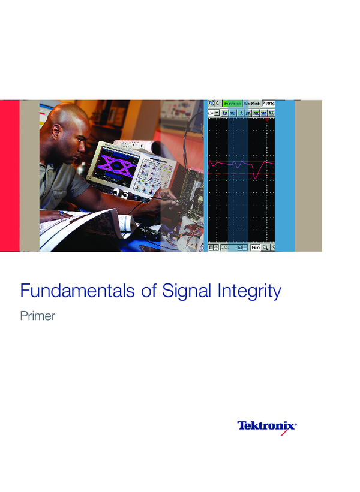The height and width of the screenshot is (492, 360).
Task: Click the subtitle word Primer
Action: point(37,316)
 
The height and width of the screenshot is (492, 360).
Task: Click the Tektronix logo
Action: point(267,426)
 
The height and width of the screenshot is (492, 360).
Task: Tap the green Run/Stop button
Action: point(232,103)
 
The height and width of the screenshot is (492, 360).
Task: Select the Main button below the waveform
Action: point(256,247)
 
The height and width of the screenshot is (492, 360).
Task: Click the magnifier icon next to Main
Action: point(265,247)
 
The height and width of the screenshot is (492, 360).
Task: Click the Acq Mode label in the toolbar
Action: point(252,103)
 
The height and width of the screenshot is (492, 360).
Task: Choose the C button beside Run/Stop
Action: point(217,103)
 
